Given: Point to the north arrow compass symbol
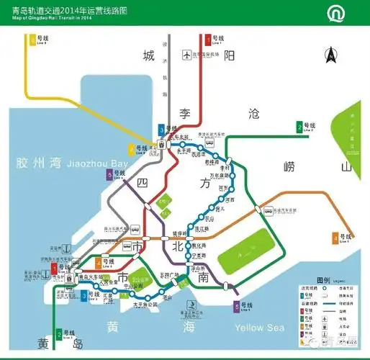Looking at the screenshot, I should [330, 54].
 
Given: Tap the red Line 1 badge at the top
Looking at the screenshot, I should [207, 40].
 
